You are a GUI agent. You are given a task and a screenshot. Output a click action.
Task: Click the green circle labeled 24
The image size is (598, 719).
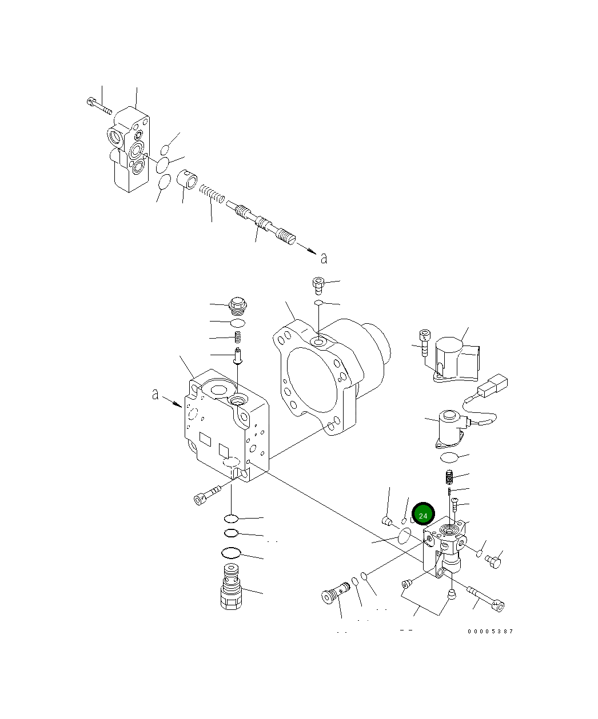tap(423, 515)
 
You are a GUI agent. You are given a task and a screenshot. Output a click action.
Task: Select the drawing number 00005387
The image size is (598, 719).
tap(490, 631)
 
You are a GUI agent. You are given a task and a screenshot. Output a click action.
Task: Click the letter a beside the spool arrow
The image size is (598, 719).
tap(324, 258)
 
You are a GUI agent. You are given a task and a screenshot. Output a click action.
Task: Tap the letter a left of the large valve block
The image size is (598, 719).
tap(155, 394)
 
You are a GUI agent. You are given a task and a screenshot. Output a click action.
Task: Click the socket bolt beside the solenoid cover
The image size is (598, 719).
tap(424, 343)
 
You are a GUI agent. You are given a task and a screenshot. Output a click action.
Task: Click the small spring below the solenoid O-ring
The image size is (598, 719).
tap(450, 475)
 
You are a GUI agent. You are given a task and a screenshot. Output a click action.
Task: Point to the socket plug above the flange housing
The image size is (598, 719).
tap(318, 284)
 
